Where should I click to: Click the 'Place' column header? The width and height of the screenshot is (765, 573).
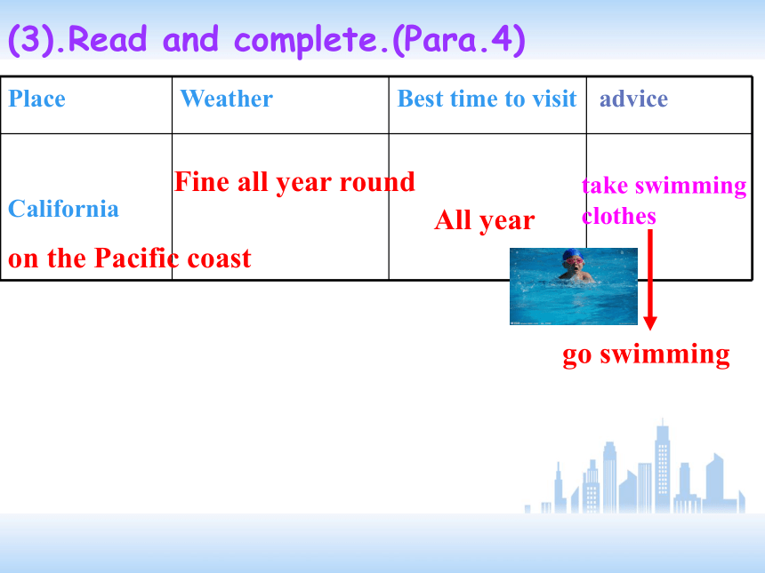(37, 99)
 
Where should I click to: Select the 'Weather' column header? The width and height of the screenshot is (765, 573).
(226, 99)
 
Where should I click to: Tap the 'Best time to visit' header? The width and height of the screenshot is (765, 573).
(487, 99)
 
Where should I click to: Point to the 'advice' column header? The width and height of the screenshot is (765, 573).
(633, 99)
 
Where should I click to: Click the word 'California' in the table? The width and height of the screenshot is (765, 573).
(63, 209)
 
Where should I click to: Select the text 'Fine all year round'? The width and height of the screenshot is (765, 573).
(294, 183)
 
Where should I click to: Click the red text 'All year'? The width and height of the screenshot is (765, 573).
(485, 220)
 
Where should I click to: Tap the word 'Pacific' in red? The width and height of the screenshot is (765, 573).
(136, 258)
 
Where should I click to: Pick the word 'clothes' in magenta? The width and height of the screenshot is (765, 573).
(619, 216)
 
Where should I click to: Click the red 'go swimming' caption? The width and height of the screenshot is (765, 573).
(646, 354)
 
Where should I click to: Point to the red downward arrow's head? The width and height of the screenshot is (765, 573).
(650, 322)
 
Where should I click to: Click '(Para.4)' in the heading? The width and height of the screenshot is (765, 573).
(459, 40)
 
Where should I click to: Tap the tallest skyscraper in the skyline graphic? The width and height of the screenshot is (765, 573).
(662, 468)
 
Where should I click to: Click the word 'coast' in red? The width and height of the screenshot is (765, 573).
(219, 259)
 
